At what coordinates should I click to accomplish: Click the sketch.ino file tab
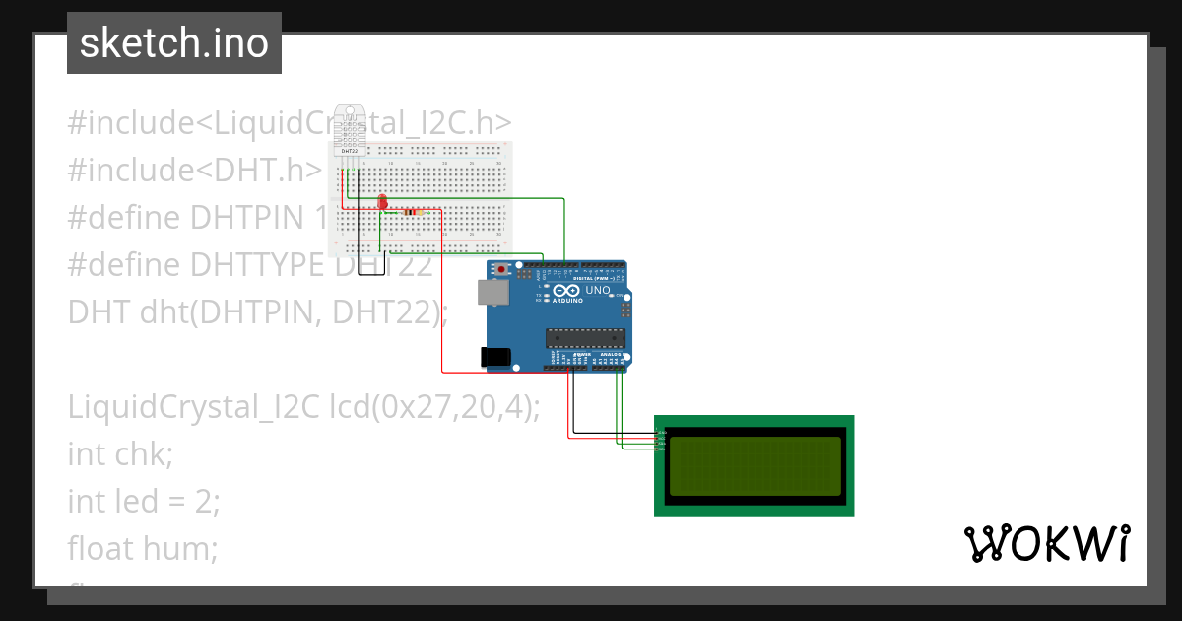click(x=174, y=43)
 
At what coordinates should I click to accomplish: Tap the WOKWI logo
click(x=1046, y=543)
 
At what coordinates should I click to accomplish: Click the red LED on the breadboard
click(x=382, y=203)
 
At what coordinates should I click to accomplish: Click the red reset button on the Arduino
click(x=502, y=268)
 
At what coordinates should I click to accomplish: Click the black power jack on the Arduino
click(x=495, y=358)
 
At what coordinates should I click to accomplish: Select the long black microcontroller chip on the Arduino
click(x=586, y=337)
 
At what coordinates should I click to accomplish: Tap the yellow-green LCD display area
click(x=755, y=465)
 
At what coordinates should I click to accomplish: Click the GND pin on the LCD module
click(x=661, y=432)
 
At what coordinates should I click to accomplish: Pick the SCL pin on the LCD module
click(x=661, y=449)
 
